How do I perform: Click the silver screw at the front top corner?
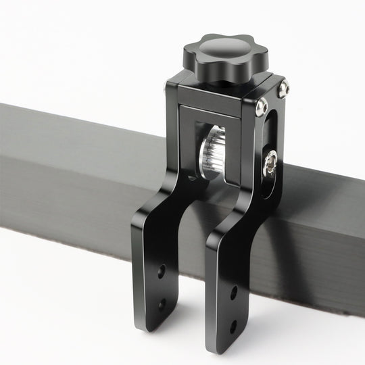point(262,107)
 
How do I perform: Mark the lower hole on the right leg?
point(233,327)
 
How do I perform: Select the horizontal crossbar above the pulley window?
point(210,114)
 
